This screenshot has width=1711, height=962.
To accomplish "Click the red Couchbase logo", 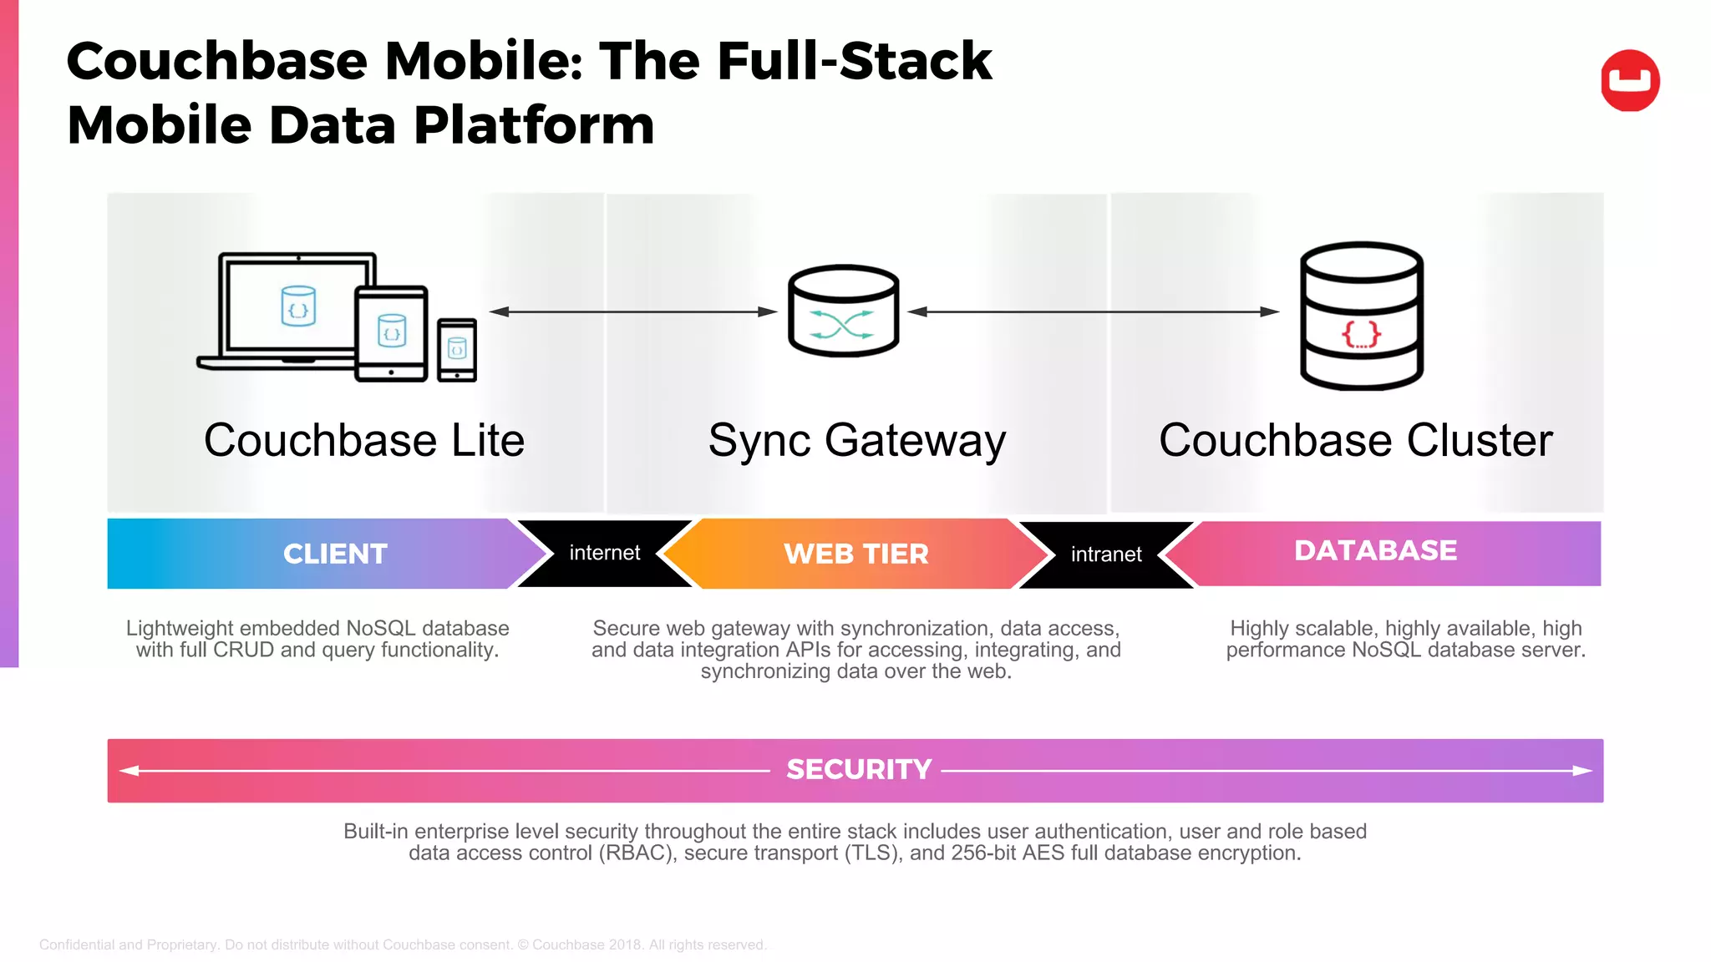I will pyautogui.click(x=1630, y=80).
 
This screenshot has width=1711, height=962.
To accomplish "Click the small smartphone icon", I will pyautogui.click(x=457, y=349).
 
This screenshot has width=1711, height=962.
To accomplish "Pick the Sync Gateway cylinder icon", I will pyautogui.click(x=843, y=311).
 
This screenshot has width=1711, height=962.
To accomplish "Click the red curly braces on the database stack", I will pyautogui.click(x=1361, y=335).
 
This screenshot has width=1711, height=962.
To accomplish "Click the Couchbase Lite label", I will pyautogui.click(x=364, y=440).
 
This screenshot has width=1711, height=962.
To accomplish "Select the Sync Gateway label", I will pyautogui.click(x=856, y=440).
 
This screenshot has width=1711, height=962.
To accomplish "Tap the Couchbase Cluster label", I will pyautogui.click(x=1355, y=440).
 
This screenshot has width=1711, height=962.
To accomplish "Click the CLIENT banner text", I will pyautogui.click(x=335, y=554).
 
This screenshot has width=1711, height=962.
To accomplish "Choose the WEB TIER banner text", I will pyautogui.click(x=855, y=554).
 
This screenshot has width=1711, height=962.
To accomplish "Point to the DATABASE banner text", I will pyautogui.click(x=1375, y=550).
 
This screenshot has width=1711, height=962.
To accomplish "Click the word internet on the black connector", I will pyautogui.click(x=604, y=553).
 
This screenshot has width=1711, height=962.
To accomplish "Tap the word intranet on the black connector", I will pyautogui.click(x=1105, y=554).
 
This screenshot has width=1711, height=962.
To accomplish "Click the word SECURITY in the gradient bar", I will pyautogui.click(x=858, y=769).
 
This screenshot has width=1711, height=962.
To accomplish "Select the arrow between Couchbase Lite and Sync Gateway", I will pyautogui.click(x=632, y=311).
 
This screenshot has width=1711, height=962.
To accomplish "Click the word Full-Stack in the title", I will pyautogui.click(x=854, y=61).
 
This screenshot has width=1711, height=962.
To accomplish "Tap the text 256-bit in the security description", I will pyautogui.click(x=982, y=853).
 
